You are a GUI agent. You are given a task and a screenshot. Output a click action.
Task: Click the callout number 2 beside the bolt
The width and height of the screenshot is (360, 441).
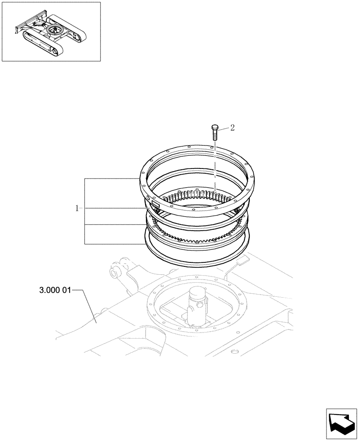(x=232, y=128)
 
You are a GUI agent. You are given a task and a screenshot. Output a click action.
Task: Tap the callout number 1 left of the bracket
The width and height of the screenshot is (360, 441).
(x=77, y=208)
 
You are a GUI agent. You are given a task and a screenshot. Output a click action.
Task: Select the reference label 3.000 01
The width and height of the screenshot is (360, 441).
(x=54, y=291)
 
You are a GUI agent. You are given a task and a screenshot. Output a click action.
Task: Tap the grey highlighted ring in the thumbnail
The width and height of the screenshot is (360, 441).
(x=56, y=31)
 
